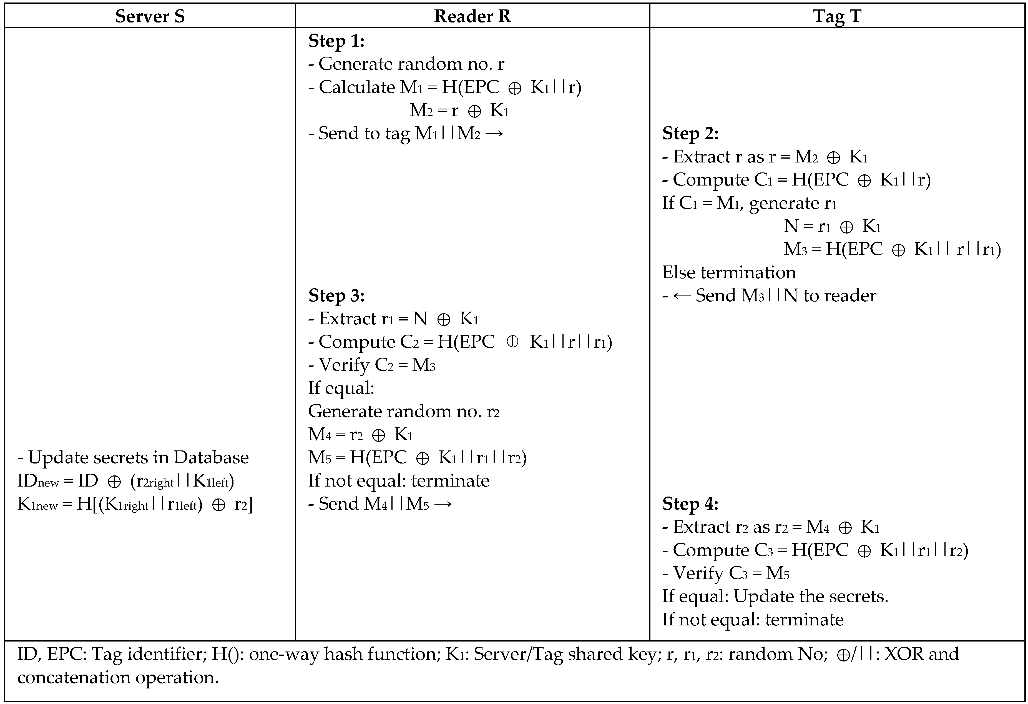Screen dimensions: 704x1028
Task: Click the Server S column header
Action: (x=150, y=16)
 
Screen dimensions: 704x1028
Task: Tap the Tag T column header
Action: (x=837, y=16)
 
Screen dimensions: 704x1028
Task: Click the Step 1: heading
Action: (x=336, y=41)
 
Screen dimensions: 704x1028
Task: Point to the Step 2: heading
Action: (x=690, y=133)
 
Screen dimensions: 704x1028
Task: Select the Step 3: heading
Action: (x=336, y=295)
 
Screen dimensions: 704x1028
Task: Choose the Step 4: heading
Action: (x=690, y=503)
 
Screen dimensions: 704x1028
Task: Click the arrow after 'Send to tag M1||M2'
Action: (x=494, y=133)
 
